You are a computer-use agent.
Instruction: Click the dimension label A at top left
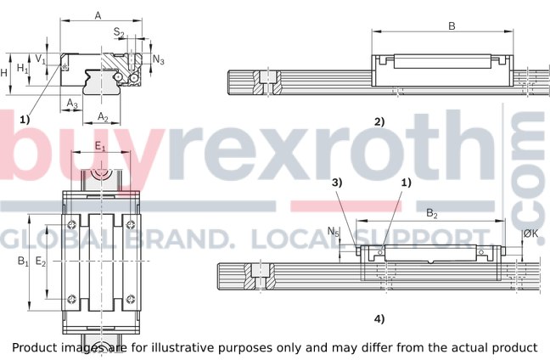tap(98, 15)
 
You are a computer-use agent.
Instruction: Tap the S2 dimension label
tap(119, 32)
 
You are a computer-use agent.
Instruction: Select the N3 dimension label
tap(159, 59)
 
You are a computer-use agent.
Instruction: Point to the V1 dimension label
tap(41, 59)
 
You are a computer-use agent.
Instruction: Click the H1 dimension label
tap(23, 68)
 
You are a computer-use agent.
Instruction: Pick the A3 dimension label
tap(72, 104)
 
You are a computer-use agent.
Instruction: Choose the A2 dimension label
tap(103, 117)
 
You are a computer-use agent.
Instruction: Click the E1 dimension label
tap(100, 147)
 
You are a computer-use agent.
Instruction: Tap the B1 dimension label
tap(23, 262)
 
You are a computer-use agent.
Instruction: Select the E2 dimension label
tap(41, 262)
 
